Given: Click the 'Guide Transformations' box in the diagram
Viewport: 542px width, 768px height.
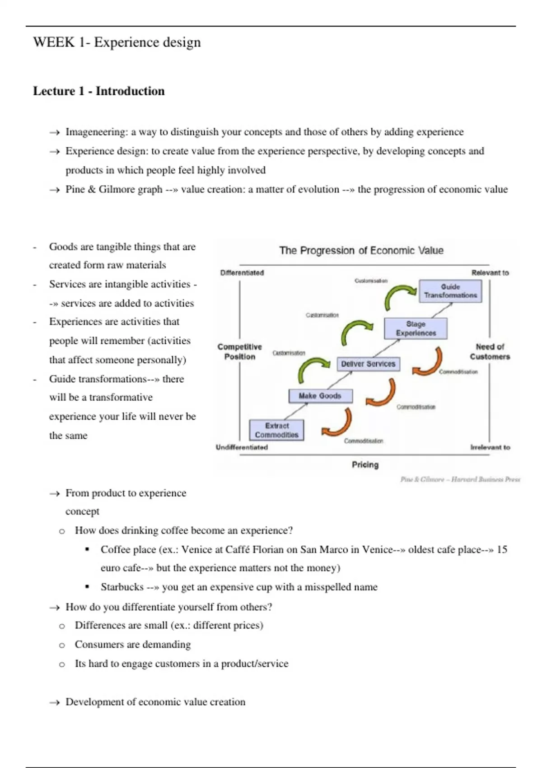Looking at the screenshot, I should [450, 291].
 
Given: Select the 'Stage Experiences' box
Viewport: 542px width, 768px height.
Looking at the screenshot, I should [416, 328].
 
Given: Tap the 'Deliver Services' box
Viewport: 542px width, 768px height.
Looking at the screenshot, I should [368, 364].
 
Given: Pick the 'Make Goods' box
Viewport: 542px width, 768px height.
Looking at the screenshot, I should [320, 396].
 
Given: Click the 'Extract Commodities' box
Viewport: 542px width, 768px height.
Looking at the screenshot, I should [276, 430].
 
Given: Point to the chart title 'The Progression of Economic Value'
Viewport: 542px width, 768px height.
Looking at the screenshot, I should [361, 250].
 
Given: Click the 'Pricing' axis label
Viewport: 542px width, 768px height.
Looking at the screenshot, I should [365, 464].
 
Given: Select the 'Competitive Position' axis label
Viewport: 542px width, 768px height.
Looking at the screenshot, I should [239, 351].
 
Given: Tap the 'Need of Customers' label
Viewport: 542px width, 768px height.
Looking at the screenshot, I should [490, 351].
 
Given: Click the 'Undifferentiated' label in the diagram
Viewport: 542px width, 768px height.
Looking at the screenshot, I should [242, 447].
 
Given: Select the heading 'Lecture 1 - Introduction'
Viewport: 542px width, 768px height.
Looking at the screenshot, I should [99, 91].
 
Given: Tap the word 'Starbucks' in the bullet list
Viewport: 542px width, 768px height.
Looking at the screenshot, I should [122, 587].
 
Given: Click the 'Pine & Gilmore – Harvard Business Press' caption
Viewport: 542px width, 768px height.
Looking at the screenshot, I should [460, 479].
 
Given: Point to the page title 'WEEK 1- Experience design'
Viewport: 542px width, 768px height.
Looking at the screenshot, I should [117, 42].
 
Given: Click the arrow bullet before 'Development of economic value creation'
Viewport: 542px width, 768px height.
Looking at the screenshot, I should [55, 702].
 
